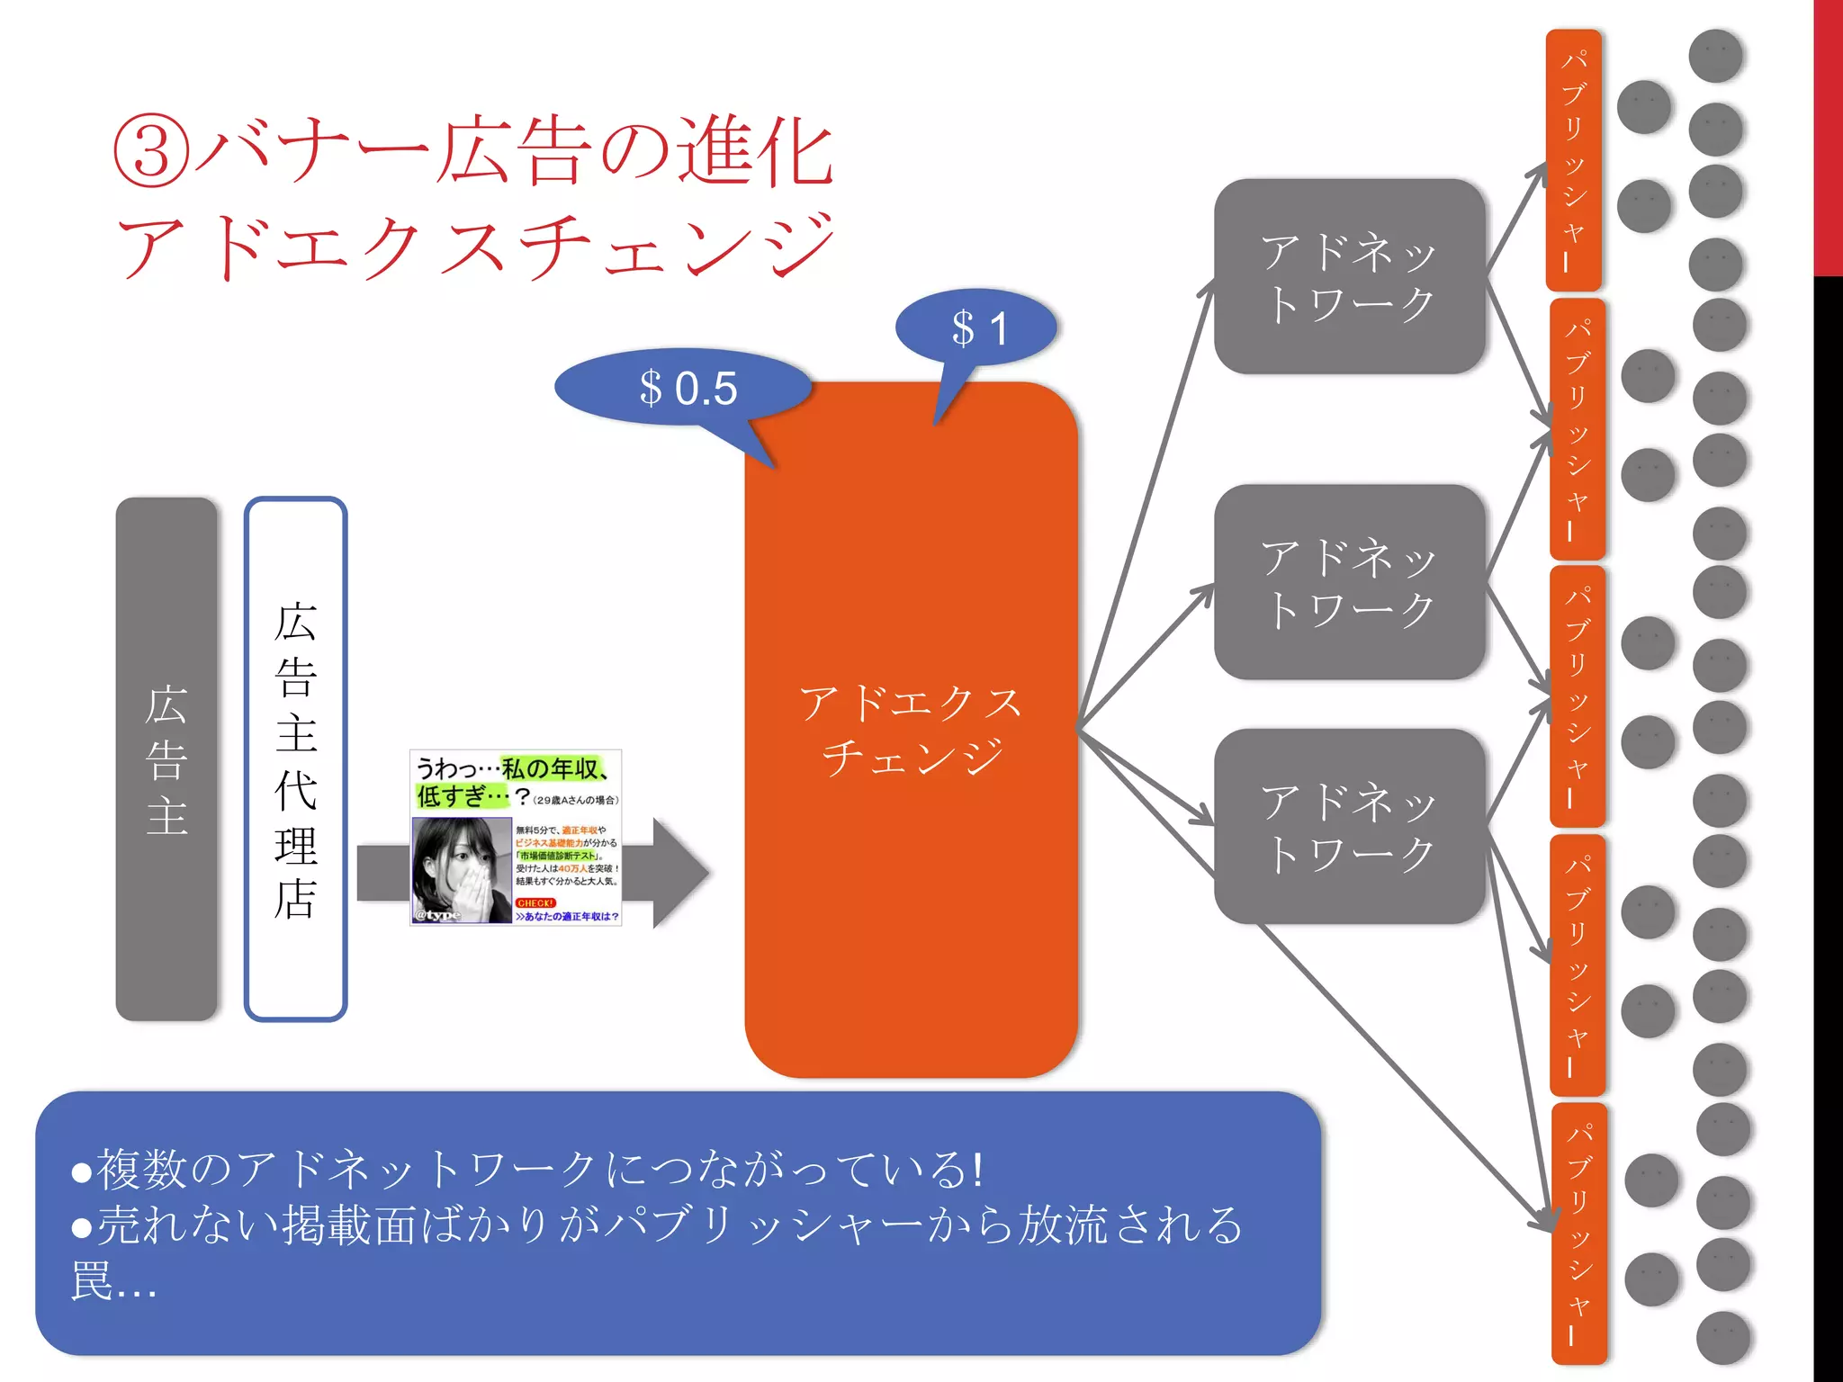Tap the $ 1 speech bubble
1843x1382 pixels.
[977, 328]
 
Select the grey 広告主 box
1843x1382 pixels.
[166, 758]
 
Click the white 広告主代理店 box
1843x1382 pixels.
[295, 758]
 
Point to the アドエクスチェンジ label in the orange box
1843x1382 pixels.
[911, 729]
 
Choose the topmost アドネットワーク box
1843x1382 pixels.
[1348, 276]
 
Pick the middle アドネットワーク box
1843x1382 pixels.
[1348, 582]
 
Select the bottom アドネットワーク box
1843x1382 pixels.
[1348, 826]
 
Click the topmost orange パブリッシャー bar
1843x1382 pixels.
[1573, 159]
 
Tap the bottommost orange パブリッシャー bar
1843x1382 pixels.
[1579, 1233]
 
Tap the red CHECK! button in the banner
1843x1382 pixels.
[535, 902]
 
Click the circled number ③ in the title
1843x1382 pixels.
[151, 153]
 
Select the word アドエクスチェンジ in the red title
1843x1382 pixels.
[474, 246]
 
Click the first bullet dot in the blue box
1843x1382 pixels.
[82, 1171]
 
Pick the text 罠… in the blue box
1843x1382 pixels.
[113, 1281]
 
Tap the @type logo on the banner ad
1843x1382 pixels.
[438, 915]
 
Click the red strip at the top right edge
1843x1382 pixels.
[1828, 135]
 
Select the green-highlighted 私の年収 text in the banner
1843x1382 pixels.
[549, 768]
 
